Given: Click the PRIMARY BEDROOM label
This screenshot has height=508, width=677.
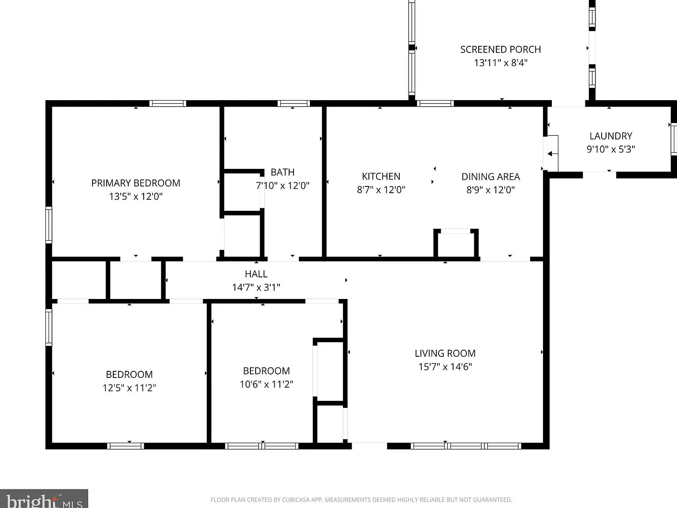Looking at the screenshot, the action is (136, 183).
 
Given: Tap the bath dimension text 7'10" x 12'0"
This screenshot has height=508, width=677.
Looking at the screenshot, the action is (283, 185).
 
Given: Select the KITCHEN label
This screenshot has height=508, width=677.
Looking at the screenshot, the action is (381, 176).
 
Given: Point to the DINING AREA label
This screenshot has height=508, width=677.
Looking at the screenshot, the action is (491, 176).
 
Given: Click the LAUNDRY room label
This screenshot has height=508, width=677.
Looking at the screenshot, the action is (611, 136).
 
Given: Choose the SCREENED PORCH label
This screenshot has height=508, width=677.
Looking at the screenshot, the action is (501, 49).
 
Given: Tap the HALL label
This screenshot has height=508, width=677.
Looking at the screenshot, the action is (256, 274).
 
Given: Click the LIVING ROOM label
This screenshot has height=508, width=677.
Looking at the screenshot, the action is (445, 353).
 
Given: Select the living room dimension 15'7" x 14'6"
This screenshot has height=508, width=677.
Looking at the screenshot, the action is (445, 366).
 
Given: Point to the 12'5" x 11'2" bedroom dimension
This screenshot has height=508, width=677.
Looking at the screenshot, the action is (129, 388).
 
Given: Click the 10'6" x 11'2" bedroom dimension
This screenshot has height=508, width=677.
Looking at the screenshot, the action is (267, 384).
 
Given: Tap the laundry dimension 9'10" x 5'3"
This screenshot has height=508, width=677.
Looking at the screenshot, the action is (611, 149).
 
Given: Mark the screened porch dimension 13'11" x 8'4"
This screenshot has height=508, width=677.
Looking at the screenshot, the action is (501, 63).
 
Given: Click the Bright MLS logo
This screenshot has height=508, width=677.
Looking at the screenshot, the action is (44, 498).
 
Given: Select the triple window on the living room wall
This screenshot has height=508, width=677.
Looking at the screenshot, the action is (466, 446).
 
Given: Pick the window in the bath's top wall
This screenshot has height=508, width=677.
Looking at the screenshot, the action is (294, 103).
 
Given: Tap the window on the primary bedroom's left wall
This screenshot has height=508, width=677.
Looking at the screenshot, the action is (49, 225).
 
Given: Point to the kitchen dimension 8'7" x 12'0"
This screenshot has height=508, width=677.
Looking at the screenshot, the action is (381, 189).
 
